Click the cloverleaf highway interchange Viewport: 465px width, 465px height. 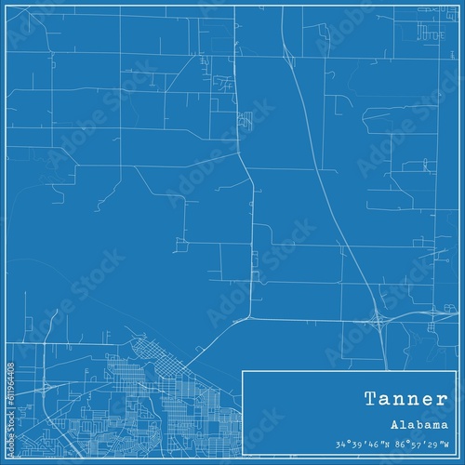379,321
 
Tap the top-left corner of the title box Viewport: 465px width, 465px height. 243,371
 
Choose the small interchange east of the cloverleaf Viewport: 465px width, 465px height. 430,315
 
